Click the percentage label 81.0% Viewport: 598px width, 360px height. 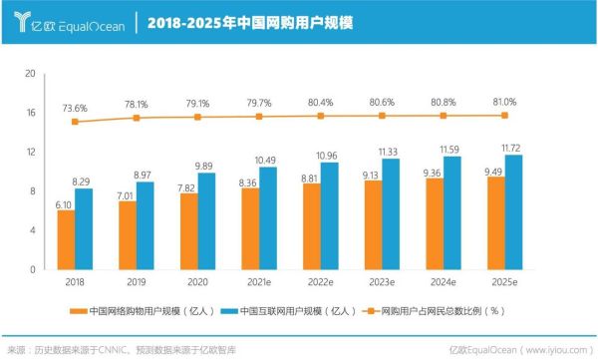[x=503, y=102]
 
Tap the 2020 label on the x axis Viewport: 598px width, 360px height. [x=197, y=282]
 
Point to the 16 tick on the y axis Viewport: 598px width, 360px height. [x=31, y=113]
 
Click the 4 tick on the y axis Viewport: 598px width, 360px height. [x=33, y=230]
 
